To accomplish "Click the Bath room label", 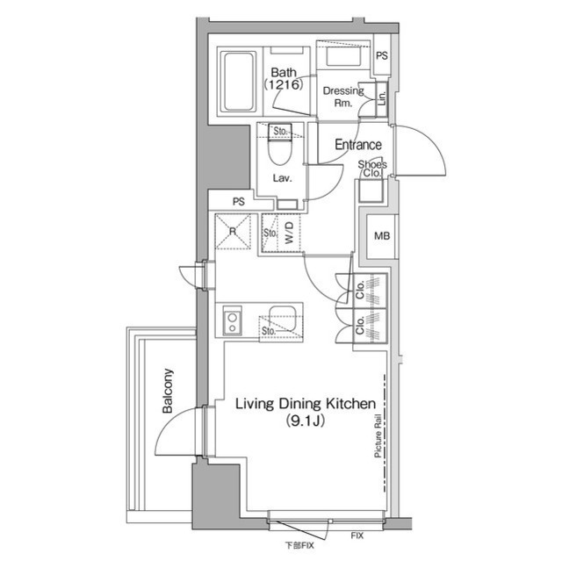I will (283, 72).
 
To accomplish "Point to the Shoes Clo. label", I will (372, 169).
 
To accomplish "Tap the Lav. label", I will (282, 177).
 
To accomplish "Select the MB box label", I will (382, 235).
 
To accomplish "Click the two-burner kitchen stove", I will (232, 320).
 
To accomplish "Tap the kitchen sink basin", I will (284, 317).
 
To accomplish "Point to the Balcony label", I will (167, 392).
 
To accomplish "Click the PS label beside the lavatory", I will (238, 202).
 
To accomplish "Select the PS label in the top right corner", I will (381, 55).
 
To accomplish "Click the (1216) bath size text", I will (283, 85).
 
